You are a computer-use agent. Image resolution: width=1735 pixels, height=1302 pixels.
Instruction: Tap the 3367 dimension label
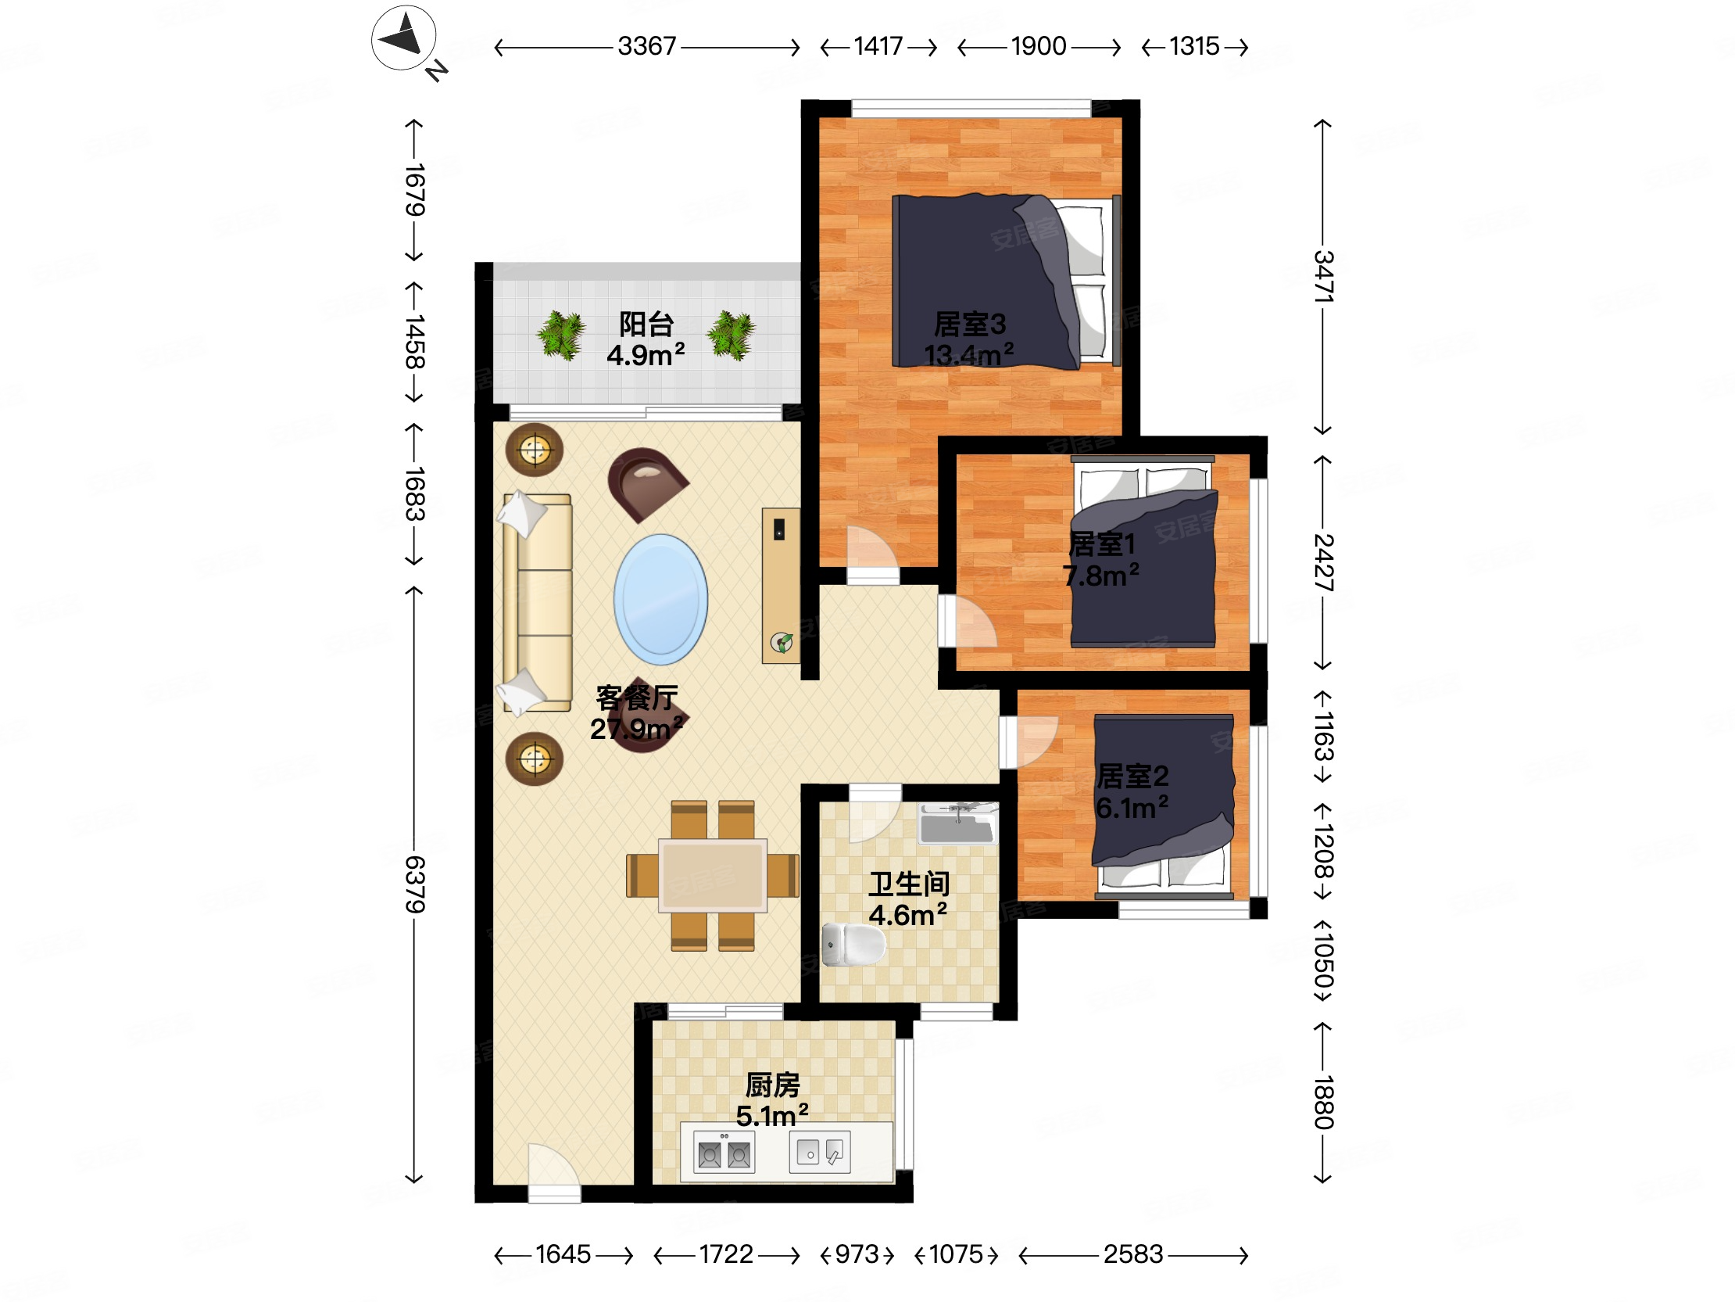646,46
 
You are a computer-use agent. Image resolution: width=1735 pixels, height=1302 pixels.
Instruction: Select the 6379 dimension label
414,884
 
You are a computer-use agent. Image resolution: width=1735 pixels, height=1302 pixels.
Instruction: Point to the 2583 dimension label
1132,1254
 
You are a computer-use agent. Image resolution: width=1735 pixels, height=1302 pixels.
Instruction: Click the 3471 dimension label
1323,276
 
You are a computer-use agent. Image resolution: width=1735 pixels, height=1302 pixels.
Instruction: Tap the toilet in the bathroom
853,944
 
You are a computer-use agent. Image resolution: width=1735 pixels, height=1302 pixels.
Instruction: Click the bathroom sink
957,823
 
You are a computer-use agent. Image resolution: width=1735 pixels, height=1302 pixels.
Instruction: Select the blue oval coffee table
660,600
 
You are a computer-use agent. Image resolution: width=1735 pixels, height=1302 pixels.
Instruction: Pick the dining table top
712,875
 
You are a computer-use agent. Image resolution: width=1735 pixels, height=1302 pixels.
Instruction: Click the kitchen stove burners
724,1153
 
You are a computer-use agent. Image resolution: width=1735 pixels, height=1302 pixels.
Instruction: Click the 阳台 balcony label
646,323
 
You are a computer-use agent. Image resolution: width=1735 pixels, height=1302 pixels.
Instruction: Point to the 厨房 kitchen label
773,1085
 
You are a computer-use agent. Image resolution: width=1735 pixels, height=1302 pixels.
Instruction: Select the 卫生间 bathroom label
909,884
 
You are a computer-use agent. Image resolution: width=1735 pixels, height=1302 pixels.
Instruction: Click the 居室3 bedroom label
969,323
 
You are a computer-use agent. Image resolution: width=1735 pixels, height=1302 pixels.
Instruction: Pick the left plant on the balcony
561,335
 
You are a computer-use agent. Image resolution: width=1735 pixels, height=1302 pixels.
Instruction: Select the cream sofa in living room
538,603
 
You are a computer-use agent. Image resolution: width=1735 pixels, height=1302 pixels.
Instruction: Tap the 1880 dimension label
1323,1103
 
